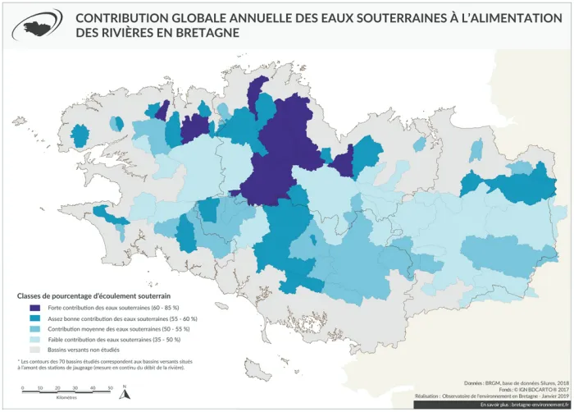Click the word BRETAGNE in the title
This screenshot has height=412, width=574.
pos(205,34)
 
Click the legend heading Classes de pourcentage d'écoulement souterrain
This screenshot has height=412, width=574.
pos(93,295)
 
